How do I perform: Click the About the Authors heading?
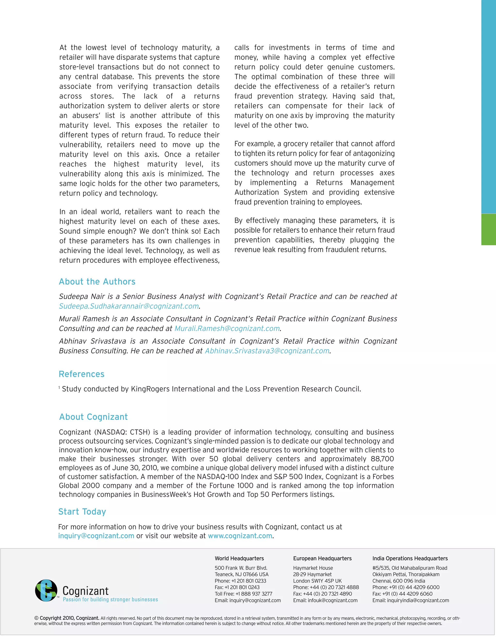pos(97,282)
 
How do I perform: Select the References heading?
pos(81,374)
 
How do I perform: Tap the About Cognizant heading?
pos(93,417)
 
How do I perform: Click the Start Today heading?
pos(82,512)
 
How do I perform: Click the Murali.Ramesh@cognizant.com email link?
pos(227,328)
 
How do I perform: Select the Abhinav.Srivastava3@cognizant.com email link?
pos(267,351)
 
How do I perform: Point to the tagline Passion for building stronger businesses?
pos(110,599)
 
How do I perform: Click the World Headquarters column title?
pos(239,559)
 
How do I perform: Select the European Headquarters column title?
pos(322,559)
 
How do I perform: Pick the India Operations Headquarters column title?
pos(410,559)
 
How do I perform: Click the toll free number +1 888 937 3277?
pos(254,594)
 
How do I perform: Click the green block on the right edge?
pos(488,229)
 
